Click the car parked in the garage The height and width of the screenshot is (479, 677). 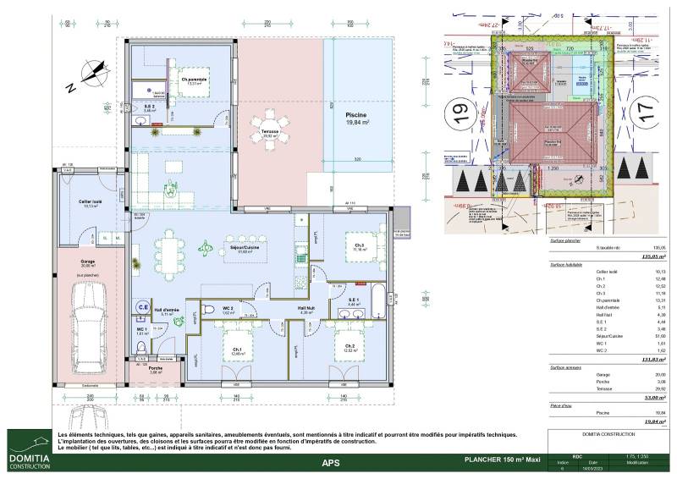[x=84, y=317]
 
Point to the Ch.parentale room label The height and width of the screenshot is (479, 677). [x=194, y=80]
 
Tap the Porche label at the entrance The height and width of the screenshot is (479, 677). [x=155, y=368]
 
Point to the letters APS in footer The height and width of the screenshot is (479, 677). [x=331, y=462]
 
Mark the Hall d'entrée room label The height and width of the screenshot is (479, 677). [x=177, y=311]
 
